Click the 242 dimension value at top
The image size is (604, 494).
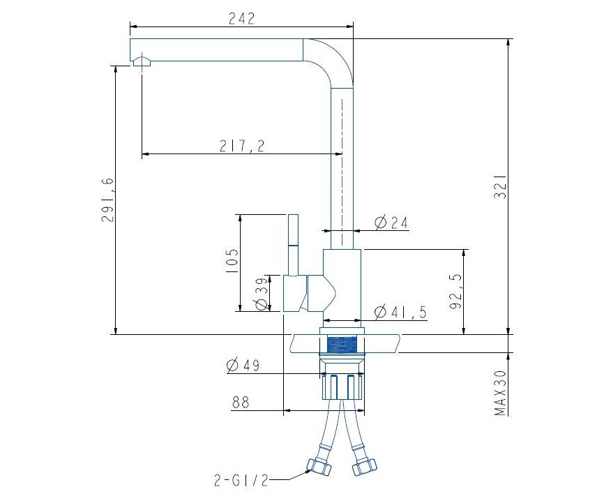point(241,19)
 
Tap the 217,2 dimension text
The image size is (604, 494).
point(242,146)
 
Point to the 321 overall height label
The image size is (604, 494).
point(500,187)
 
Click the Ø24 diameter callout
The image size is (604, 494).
point(391,223)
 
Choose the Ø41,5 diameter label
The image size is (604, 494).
point(401,312)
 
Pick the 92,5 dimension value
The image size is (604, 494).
point(455,292)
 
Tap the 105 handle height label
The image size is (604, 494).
point(232,261)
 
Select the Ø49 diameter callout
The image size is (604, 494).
point(243,366)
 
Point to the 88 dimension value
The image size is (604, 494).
point(241,403)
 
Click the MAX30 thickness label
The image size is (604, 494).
point(500,393)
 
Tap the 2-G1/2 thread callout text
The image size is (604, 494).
point(241,481)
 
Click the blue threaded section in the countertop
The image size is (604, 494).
point(342,345)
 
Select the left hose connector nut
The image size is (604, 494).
point(319,466)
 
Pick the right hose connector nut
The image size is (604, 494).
point(363,466)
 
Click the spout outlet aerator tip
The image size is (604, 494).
point(142,61)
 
